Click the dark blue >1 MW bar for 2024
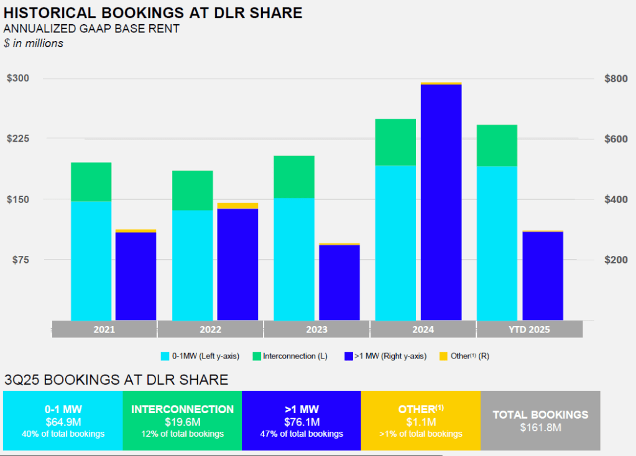point(441,202)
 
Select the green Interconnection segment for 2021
point(91,181)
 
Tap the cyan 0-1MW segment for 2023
point(294,259)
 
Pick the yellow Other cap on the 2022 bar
point(237,206)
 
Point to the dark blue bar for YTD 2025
point(543,276)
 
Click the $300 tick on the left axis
point(17,78)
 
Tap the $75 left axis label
point(20,260)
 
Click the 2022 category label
point(210,329)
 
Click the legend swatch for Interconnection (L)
point(257,356)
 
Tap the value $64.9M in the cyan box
point(63,422)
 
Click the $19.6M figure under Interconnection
point(182,422)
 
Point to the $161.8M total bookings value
point(540,427)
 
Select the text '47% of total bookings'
point(301,434)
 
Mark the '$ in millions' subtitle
point(34,43)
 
